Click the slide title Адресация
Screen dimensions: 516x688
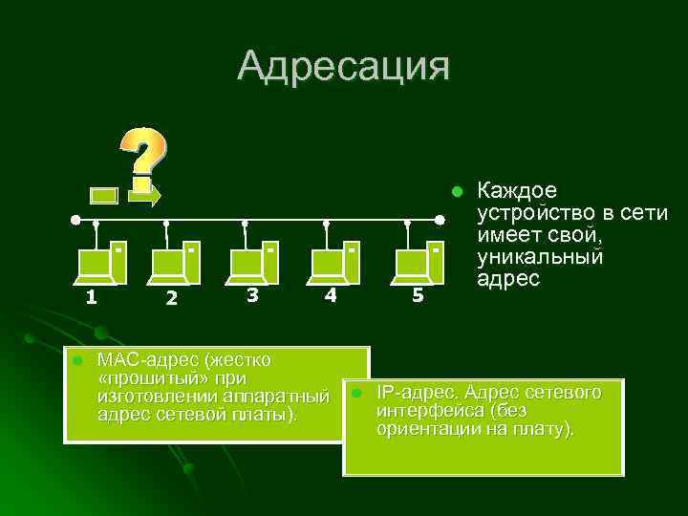click(343, 66)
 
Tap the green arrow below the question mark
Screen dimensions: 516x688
click(146, 196)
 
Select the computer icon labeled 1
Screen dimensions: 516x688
click(101, 263)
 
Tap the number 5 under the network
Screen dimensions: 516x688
click(418, 295)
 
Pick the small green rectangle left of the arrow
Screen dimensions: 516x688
click(103, 196)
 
